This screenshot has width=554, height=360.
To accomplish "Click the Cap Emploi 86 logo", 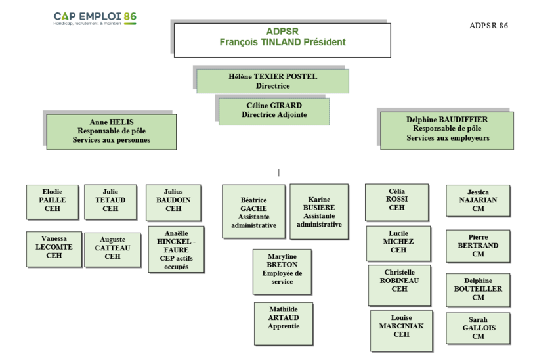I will (95, 18).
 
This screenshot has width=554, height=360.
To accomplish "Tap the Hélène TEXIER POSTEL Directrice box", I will (272, 81).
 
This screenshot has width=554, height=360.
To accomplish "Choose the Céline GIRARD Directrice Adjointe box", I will (274, 110).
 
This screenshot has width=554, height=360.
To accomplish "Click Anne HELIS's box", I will (111, 131).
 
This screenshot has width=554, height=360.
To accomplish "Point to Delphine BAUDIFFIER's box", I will (447, 129).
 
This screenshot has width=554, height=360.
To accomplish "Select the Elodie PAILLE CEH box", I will (53, 201).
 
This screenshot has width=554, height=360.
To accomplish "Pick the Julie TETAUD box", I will (110, 201).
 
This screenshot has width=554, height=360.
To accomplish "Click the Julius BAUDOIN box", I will (173, 201).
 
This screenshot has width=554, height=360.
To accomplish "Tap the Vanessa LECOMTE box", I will (54, 247).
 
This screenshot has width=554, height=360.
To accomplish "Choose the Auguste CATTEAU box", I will (112, 249).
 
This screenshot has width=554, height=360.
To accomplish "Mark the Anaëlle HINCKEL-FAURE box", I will (176, 249).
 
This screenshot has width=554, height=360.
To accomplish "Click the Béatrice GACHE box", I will (253, 212).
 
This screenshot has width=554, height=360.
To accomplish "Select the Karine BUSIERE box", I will (319, 212).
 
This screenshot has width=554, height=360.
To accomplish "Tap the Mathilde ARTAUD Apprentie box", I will (284, 318).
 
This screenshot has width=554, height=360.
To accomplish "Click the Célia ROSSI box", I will (397, 200).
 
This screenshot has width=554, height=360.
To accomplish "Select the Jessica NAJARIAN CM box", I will (478, 200).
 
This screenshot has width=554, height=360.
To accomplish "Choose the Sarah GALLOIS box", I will (478, 328).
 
